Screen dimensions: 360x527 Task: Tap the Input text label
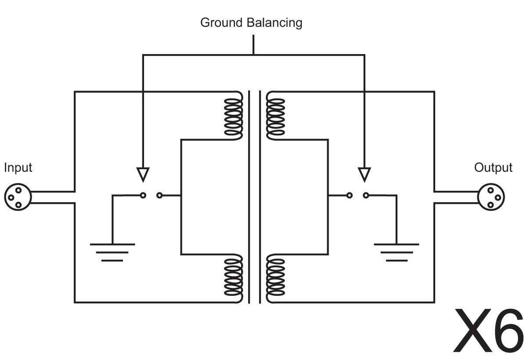point(18,167)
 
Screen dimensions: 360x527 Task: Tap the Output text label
point(493,167)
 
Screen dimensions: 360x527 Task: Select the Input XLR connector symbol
point(16,197)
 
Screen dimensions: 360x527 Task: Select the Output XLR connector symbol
point(491,197)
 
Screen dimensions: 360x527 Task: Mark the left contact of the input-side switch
point(143,195)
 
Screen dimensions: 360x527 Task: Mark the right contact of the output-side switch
point(365,195)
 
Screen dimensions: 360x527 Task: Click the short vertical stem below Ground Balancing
point(253,45)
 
